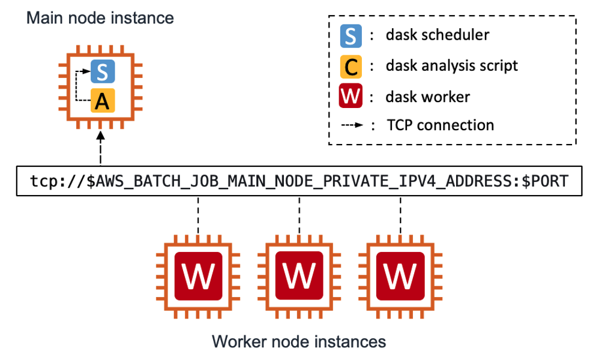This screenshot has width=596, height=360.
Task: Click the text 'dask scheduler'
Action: point(438,36)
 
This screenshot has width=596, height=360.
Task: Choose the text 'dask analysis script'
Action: point(452,66)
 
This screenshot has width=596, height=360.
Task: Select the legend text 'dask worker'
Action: point(427,96)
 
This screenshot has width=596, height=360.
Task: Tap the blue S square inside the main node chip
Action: point(102,73)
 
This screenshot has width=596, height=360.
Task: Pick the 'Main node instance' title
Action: point(100,18)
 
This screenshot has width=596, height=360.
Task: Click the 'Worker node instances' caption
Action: point(298,343)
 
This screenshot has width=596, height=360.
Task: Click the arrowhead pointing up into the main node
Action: point(100,139)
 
